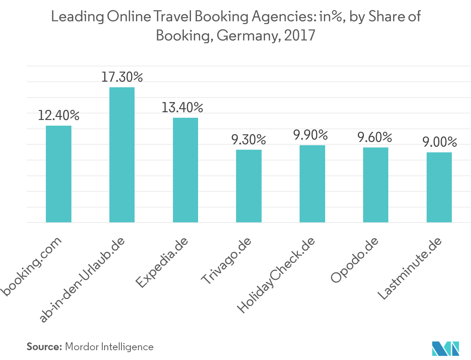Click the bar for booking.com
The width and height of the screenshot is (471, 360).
(58, 174)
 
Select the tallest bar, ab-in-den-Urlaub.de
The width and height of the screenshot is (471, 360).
(122, 155)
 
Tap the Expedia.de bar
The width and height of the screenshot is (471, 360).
(185, 170)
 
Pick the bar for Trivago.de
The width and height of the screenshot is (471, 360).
(248, 186)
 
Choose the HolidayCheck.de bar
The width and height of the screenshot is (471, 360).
(312, 184)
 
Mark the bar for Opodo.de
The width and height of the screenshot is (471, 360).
(376, 185)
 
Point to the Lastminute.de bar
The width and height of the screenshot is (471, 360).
(439, 187)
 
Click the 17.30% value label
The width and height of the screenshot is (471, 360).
(122, 77)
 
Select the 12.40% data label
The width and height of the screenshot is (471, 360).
(59, 115)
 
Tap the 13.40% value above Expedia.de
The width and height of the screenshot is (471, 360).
(182, 108)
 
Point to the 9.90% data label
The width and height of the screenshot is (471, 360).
(311, 135)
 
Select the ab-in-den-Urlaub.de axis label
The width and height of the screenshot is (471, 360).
(83, 280)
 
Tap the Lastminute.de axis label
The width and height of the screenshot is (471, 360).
(409, 269)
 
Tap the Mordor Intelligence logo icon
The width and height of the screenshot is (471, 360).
(445, 348)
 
